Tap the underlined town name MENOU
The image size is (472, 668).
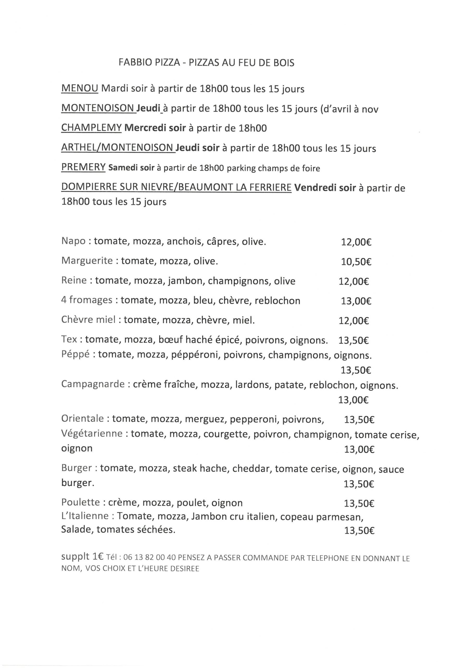pos(80,88)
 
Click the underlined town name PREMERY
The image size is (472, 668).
pos(83,167)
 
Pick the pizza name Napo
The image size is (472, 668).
pos(73,241)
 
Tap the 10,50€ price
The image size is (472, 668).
pos(356,262)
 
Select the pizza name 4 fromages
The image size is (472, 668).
pos(87,300)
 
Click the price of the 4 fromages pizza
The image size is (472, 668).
pos(356,301)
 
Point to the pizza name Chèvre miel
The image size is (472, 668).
pos(88,319)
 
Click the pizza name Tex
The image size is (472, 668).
pos(69,339)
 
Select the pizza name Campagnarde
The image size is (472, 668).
pos(93,384)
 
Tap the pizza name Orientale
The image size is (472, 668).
pos(82,418)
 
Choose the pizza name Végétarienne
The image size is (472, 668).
pos(92,433)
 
